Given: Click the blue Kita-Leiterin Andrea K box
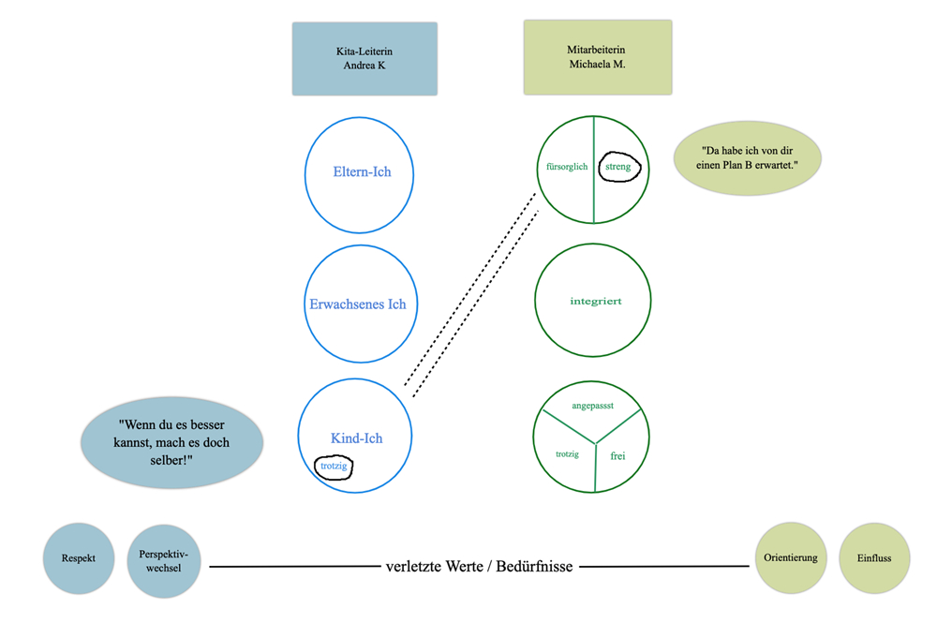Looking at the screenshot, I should coord(364,59).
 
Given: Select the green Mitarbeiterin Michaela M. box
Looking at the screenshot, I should coord(597,57).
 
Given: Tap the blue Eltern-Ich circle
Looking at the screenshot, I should coord(360,173).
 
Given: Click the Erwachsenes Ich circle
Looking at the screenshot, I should coord(359,304).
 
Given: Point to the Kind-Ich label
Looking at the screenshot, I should coord(357,438).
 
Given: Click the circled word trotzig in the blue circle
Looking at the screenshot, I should coord(334,466).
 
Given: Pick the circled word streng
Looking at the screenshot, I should coord(618,167).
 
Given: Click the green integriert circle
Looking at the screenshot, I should coord(594,301).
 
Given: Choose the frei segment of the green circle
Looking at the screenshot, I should coord(617,456).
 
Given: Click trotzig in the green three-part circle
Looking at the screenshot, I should coord(567,454).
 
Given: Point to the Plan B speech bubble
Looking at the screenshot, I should coord(748,157).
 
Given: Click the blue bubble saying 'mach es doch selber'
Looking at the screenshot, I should coord(172,442).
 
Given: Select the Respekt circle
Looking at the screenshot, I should coord(80,558).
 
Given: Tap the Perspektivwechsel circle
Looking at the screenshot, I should coord(164,559).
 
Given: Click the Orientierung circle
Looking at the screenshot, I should coord(791,558).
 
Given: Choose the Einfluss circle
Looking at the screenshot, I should coord(874,558).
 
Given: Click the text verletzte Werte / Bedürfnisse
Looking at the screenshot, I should coord(479,567).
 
